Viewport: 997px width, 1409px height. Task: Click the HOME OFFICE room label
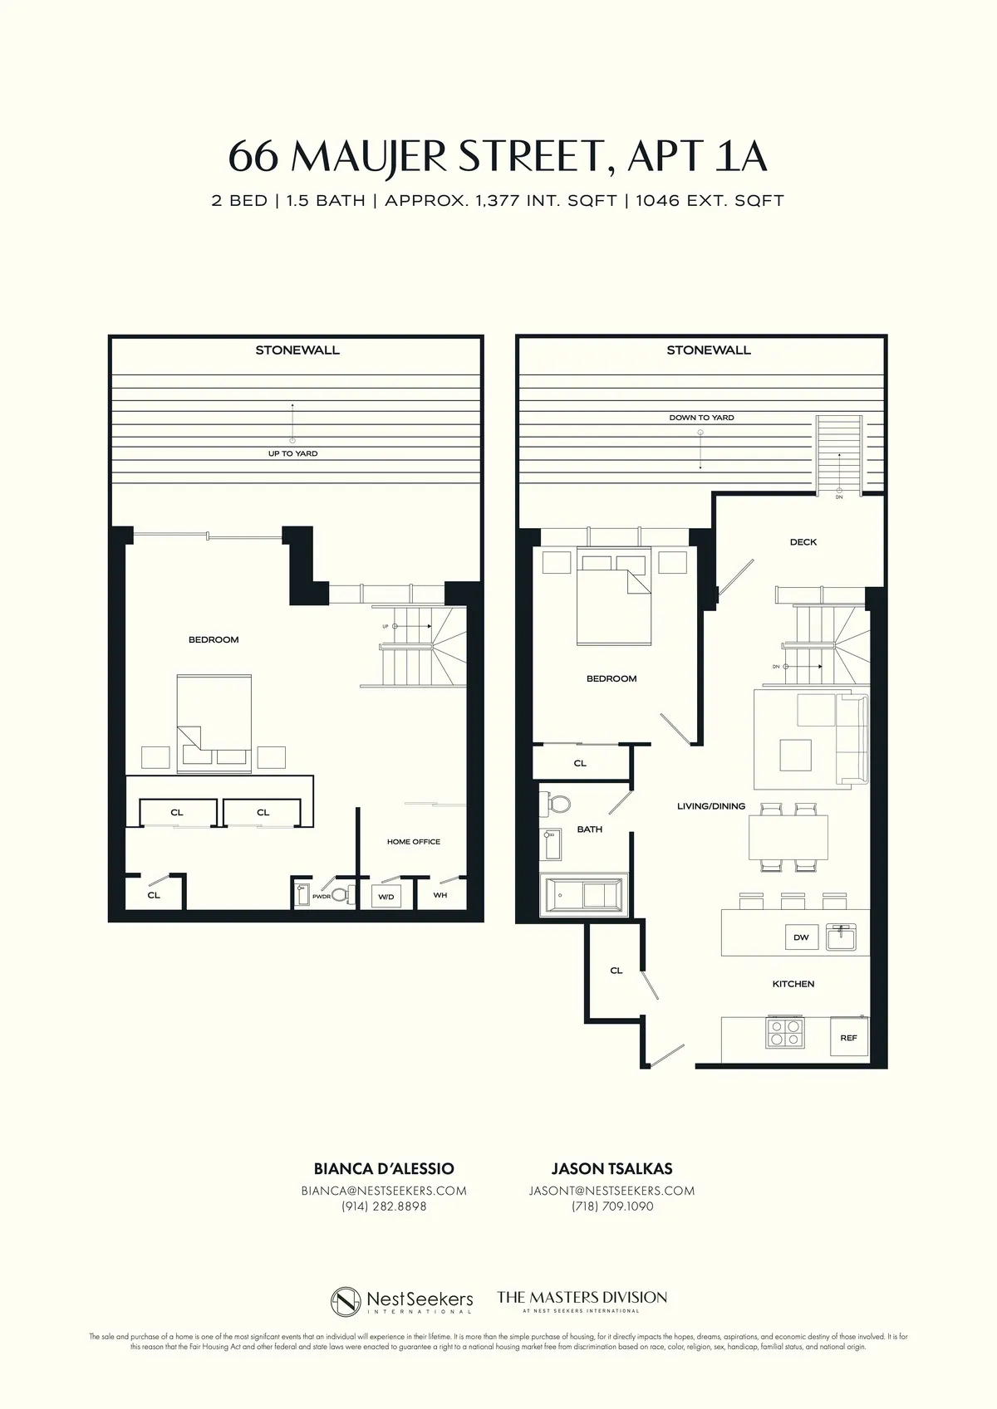[x=413, y=841]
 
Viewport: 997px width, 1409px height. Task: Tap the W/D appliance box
[x=386, y=897]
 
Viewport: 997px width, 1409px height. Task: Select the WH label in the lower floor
[x=440, y=895]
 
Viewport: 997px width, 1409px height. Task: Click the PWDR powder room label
[x=322, y=897]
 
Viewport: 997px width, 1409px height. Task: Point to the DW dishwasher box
[x=801, y=937]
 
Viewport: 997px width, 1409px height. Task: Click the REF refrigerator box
[x=848, y=1038]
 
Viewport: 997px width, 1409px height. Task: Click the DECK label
[x=803, y=542]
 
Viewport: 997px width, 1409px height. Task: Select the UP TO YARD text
[x=292, y=453]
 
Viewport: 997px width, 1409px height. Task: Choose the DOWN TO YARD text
[x=701, y=418]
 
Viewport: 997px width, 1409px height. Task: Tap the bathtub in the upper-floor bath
[x=583, y=895]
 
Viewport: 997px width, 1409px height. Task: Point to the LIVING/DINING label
[x=710, y=806]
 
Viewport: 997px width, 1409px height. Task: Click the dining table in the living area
[x=788, y=839]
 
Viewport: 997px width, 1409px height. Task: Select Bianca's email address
[x=383, y=1191]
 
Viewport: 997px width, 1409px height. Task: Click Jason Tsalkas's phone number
[x=612, y=1206]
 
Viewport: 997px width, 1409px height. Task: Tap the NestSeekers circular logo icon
[x=346, y=1300]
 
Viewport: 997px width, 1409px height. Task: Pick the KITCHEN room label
[x=793, y=984]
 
